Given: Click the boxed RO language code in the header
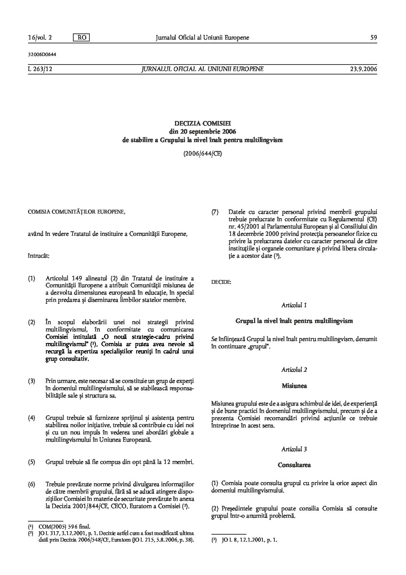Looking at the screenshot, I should point(81,37).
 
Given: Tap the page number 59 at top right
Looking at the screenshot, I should point(373,37).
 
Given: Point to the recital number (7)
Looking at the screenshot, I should point(215,212).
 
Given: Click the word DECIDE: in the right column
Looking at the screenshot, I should point(221,282).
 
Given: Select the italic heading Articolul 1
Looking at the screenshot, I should point(294,305).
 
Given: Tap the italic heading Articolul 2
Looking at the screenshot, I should point(294,370).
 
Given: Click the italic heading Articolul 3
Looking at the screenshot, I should point(294,449).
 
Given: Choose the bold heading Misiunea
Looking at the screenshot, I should point(294,385).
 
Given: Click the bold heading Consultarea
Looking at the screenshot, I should point(294,465).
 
